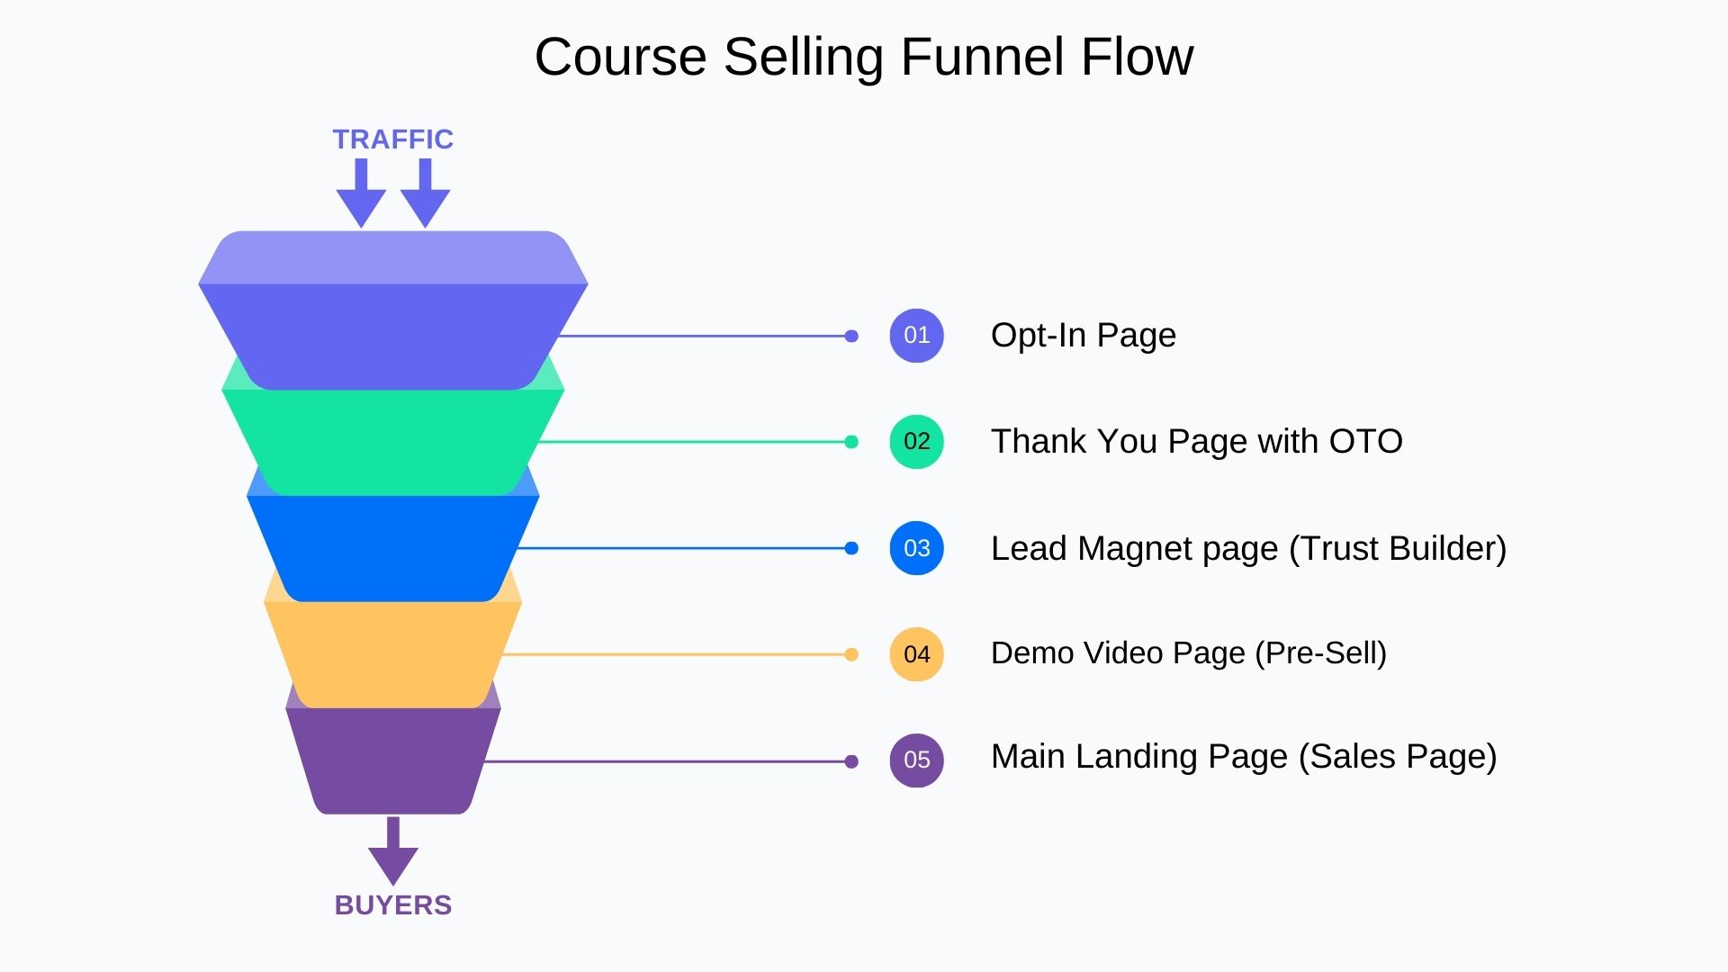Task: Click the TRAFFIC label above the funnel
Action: tap(392, 139)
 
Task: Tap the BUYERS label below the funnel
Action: tap(392, 904)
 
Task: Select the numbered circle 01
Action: tap(916, 336)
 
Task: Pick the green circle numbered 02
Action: tap(916, 442)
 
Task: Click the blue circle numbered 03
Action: tap(916, 548)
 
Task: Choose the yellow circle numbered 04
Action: tap(916, 654)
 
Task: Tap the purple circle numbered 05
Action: tap(916, 760)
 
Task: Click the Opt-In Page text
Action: tap(1083, 336)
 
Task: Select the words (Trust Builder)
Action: tap(1397, 548)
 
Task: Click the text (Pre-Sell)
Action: tap(1320, 653)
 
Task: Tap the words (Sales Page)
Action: tap(1397, 757)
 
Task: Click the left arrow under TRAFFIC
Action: tap(361, 193)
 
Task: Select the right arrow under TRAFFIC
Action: tap(425, 193)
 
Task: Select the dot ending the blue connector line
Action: tap(851, 548)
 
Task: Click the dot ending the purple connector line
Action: tap(851, 761)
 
